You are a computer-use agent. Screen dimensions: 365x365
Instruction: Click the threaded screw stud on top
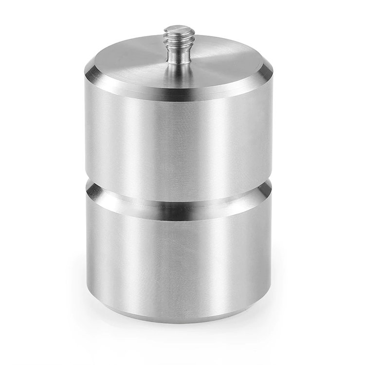pyautogui.click(x=179, y=46)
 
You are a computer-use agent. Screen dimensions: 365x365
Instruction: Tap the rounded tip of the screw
pyautogui.click(x=179, y=30)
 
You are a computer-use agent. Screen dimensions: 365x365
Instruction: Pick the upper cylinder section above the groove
pyautogui.click(x=179, y=141)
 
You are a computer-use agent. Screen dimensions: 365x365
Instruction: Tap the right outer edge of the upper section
pyautogui.click(x=271, y=131)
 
